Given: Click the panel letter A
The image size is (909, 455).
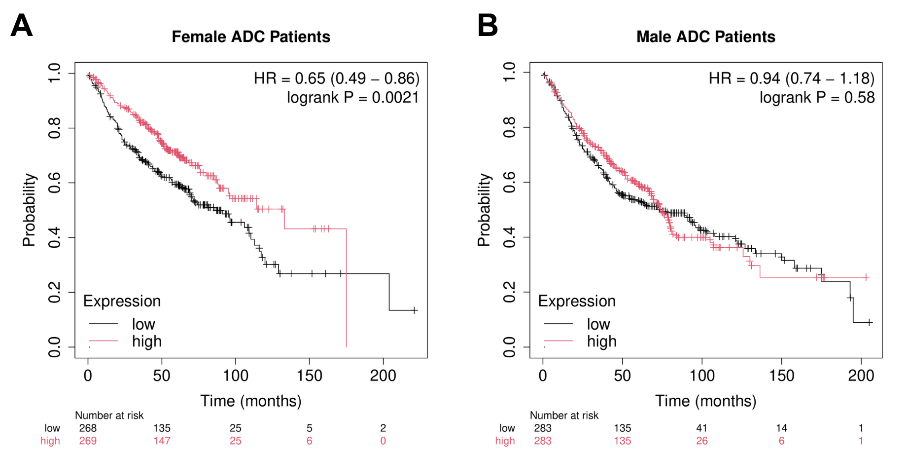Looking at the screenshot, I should point(22,26).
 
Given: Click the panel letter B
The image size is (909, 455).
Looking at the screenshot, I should point(488,26).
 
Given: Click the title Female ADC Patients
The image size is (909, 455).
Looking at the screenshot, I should point(251,37).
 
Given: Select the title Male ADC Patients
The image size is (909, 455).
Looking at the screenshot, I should point(705,37).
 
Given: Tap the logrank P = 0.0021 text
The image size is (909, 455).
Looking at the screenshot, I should point(353,98).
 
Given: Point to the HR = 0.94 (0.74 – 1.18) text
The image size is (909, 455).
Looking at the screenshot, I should point(791,78).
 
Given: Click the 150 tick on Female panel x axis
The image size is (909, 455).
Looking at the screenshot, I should point(309,376).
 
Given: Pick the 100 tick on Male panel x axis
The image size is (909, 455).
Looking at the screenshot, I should point(702,376).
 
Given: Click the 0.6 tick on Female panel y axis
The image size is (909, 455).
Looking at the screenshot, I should point(54,183).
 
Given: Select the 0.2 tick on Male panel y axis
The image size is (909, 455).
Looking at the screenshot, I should point(509,292).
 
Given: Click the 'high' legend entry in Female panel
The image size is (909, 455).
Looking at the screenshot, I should point(146,341).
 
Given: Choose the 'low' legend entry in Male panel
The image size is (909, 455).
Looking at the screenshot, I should point(598,324).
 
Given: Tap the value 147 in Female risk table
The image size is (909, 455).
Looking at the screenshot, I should point(162,441).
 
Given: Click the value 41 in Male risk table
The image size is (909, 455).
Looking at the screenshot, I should point(702,428).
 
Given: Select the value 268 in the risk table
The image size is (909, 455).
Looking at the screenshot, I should point(88,428).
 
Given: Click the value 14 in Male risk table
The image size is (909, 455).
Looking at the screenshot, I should point(781,428).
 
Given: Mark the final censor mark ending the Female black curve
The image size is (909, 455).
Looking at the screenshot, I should point(415,310).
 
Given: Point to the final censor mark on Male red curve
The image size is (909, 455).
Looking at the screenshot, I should point(867,277).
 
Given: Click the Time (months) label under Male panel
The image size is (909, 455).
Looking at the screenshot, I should point(705,401).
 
